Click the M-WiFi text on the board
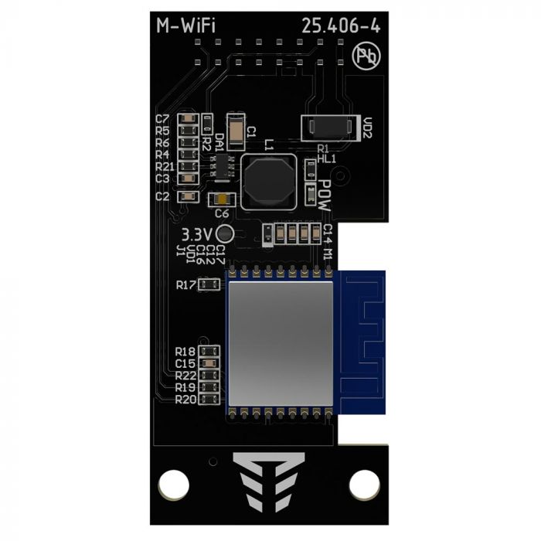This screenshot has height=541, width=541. click(x=185, y=26)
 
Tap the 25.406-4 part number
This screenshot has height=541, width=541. click(x=341, y=26)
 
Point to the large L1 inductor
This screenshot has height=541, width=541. click(x=268, y=182)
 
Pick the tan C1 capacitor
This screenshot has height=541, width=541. click(x=236, y=128)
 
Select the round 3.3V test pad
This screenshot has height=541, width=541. click(x=225, y=234)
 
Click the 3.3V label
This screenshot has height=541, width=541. click(x=196, y=233)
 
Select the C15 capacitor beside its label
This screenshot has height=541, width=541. click(x=208, y=363)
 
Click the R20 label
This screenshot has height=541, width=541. click(x=185, y=400)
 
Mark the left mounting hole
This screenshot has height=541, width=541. click(x=174, y=485)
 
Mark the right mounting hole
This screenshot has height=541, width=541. click(x=364, y=485)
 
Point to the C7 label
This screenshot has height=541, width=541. click(x=162, y=119)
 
